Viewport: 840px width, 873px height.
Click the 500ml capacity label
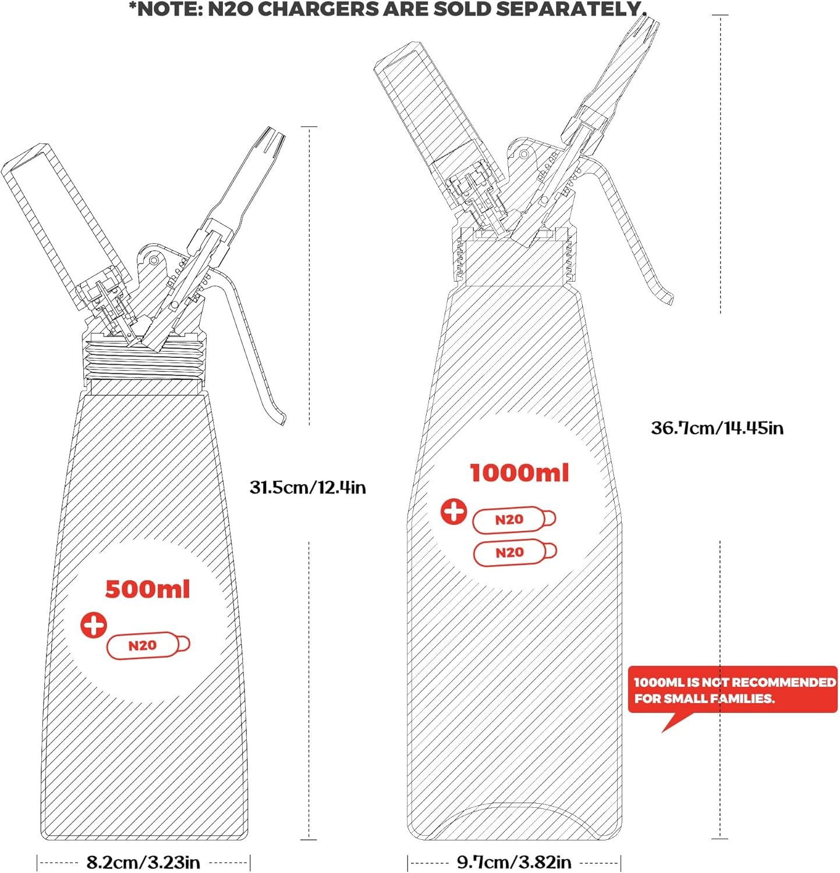click(148, 589)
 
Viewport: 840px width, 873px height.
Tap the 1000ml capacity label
click(519, 473)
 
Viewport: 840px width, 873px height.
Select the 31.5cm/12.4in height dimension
click(308, 487)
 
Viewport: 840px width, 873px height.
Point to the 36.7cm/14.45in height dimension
click(717, 428)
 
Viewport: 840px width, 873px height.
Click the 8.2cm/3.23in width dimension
click(143, 862)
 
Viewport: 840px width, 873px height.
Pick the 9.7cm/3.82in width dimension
click(514, 862)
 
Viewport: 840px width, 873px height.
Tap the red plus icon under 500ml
click(94, 626)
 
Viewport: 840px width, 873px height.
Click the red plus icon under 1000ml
click(453, 512)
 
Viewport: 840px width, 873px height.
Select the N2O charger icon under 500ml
click(148, 645)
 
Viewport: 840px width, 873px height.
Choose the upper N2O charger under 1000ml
click(514, 520)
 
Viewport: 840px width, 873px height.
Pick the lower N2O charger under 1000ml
click(515, 553)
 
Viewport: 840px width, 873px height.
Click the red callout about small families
click(732, 690)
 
